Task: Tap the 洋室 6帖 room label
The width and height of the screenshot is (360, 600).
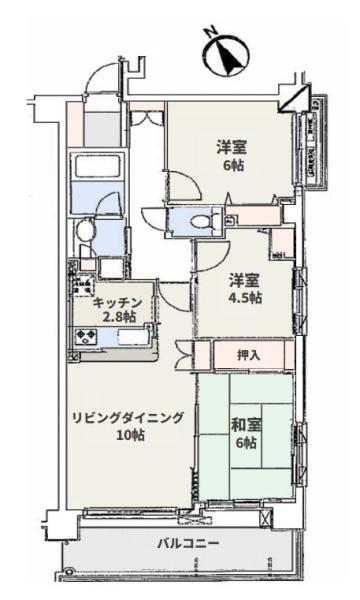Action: pyautogui.click(x=232, y=155)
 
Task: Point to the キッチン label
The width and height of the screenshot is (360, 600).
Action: pyautogui.click(x=118, y=302)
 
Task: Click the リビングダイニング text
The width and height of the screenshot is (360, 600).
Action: pyautogui.click(x=126, y=419)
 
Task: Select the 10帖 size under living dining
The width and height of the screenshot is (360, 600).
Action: pyautogui.click(x=127, y=436)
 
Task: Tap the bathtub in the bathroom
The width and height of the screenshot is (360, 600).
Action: pyautogui.click(x=97, y=167)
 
